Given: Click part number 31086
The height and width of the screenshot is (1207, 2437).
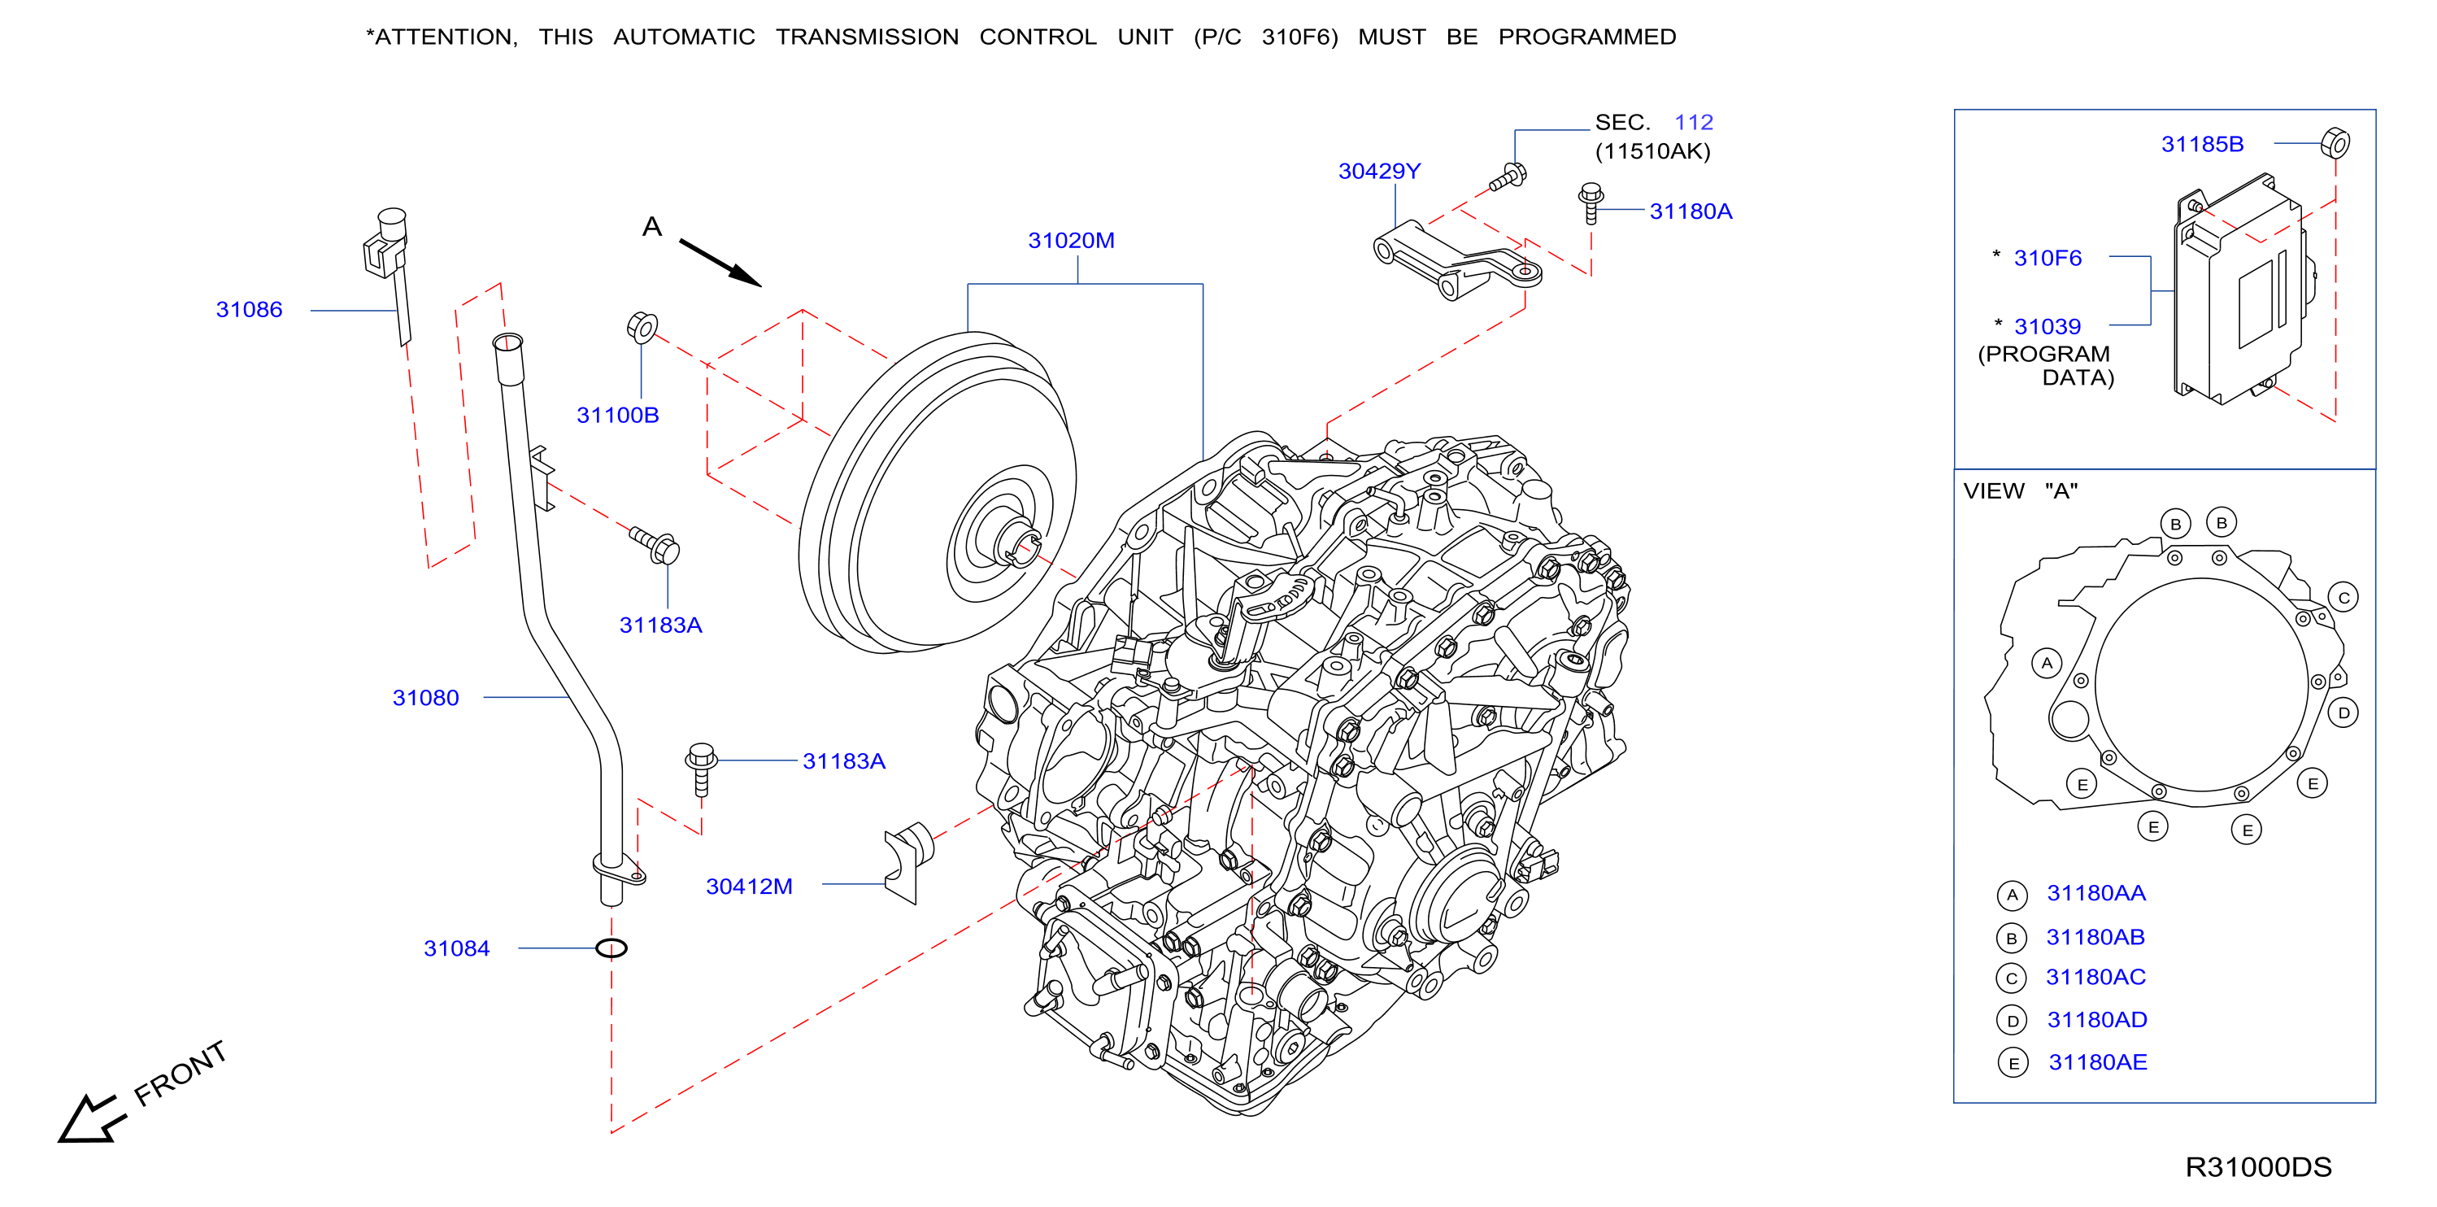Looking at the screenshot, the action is [x=249, y=309].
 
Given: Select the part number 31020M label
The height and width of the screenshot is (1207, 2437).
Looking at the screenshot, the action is [x=1071, y=240].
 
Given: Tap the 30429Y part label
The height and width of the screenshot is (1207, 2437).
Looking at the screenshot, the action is [x=1379, y=172].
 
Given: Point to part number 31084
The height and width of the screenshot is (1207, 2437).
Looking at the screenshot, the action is [x=456, y=948].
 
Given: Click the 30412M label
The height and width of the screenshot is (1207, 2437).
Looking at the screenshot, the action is [x=748, y=887].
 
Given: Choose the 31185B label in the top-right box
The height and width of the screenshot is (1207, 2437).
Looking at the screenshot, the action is [x=2202, y=144].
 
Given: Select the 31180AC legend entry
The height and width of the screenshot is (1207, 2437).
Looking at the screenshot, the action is [x=2095, y=977].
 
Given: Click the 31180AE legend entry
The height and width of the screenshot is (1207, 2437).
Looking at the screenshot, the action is [x=2097, y=1062].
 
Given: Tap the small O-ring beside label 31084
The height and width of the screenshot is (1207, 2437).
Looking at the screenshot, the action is [x=611, y=948].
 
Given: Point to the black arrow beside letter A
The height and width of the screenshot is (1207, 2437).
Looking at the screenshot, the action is [x=720, y=262].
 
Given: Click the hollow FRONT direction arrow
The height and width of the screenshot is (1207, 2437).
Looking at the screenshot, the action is [x=91, y=1119].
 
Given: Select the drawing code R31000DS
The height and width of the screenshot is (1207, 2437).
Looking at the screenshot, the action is [x=2258, y=1167].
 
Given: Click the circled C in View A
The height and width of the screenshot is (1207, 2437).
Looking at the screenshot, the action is [x=2343, y=598].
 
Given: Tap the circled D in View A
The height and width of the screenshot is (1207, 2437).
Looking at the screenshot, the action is [x=2343, y=713].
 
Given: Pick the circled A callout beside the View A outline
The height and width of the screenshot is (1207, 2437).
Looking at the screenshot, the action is [x=2047, y=663].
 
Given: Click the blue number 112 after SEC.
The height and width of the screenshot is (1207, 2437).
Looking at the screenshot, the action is [x=1694, y=122].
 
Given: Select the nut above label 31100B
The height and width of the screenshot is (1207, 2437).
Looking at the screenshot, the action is [x=642, y=327].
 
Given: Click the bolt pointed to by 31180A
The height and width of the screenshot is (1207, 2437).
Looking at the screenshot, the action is [x=1591, y=203].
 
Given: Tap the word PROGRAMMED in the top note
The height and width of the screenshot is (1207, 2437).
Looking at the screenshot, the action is [x=1586, y=37].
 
